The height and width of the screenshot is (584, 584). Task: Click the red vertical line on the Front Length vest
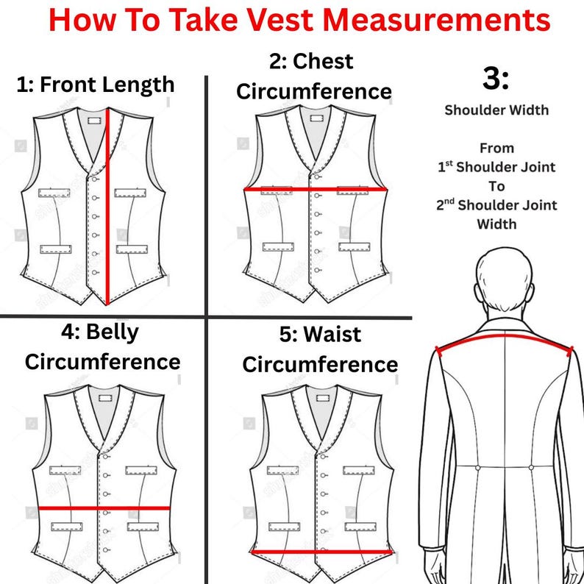pos(108,207)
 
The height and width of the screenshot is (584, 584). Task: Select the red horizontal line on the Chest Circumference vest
pos(316,189)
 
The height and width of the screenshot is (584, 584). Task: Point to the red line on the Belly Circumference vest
pos(104,508)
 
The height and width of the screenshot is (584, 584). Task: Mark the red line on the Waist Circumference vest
pos(322,552)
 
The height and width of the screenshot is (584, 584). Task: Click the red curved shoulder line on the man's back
pos(505,339)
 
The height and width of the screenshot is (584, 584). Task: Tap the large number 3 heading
pos(495,79)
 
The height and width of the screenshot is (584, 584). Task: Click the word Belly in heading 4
pos(112,332)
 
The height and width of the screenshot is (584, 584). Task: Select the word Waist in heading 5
pos(332,334)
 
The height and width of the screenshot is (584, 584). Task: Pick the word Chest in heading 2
pos(323,61)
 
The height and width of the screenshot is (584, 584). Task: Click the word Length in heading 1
pos(138,85)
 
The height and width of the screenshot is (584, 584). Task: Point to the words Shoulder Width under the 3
pos(496,110)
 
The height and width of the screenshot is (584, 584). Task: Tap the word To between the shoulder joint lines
pos(496,186)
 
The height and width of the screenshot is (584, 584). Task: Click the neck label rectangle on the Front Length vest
pos(95,121)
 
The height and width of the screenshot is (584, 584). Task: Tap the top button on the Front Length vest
pos(95,179)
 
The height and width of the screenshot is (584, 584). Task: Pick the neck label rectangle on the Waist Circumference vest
pos(323,398)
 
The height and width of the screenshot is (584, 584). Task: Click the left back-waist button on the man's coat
pos(478,468)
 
